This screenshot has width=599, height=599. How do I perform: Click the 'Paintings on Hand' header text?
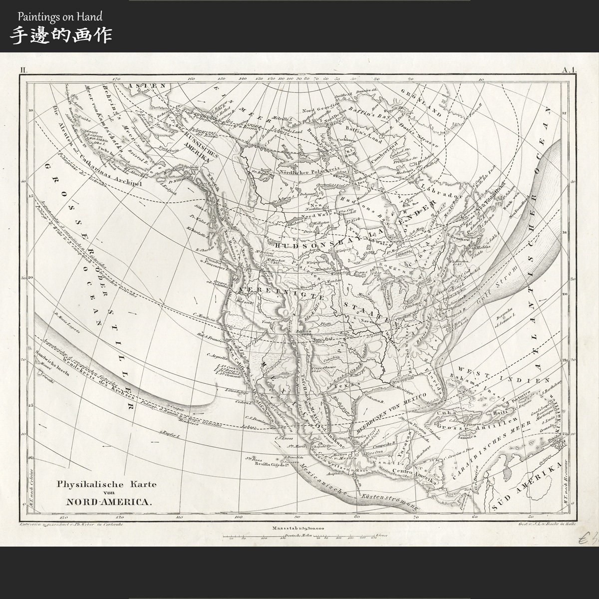coord(60,16)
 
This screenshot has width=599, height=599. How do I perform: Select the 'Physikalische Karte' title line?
coord(107,484)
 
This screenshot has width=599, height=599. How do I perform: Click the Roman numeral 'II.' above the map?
coord(24,71)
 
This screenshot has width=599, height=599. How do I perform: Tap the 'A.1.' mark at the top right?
coord(570,70)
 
